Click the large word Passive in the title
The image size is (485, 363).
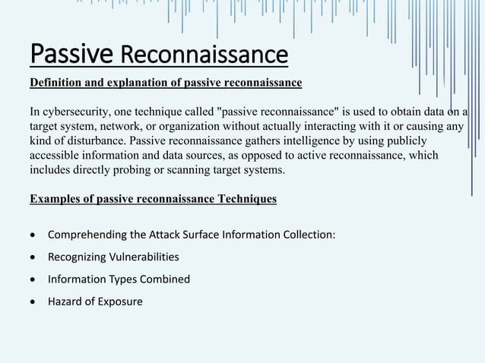[72, 54]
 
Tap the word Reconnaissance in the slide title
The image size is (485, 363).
[204, 55]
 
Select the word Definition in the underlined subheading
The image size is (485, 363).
[55, 82]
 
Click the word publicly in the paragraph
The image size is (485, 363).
[405, 141]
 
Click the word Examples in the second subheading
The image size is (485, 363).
[54, 199]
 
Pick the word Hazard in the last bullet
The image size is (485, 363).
[65, 301]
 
